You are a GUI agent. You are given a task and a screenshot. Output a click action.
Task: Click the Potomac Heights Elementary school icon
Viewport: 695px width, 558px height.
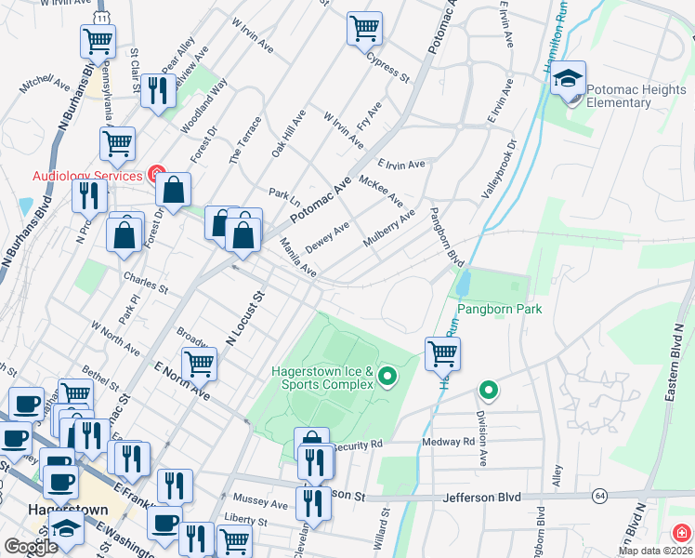coord(568,80)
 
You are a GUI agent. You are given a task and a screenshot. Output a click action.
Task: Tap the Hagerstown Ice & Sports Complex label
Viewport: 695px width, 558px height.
coord(321,379)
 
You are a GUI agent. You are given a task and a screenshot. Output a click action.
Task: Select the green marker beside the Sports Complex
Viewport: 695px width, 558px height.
coord(388,377)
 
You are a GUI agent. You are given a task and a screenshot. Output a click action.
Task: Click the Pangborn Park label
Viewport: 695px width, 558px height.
coord(498,309)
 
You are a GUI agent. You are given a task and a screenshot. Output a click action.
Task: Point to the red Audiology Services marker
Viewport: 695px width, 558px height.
coord(156,174)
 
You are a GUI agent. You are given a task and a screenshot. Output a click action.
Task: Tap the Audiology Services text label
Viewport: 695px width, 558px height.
coord(87,175)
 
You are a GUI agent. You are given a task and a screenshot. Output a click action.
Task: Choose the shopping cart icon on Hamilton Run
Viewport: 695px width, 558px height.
coord(443,352)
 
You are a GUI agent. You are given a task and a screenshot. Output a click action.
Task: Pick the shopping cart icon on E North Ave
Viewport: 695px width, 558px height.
coord(199,362)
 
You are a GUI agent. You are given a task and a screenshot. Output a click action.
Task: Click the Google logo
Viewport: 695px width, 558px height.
coord(31,548)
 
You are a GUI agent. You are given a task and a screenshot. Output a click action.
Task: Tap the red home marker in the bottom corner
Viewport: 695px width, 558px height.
coord(681,533)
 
